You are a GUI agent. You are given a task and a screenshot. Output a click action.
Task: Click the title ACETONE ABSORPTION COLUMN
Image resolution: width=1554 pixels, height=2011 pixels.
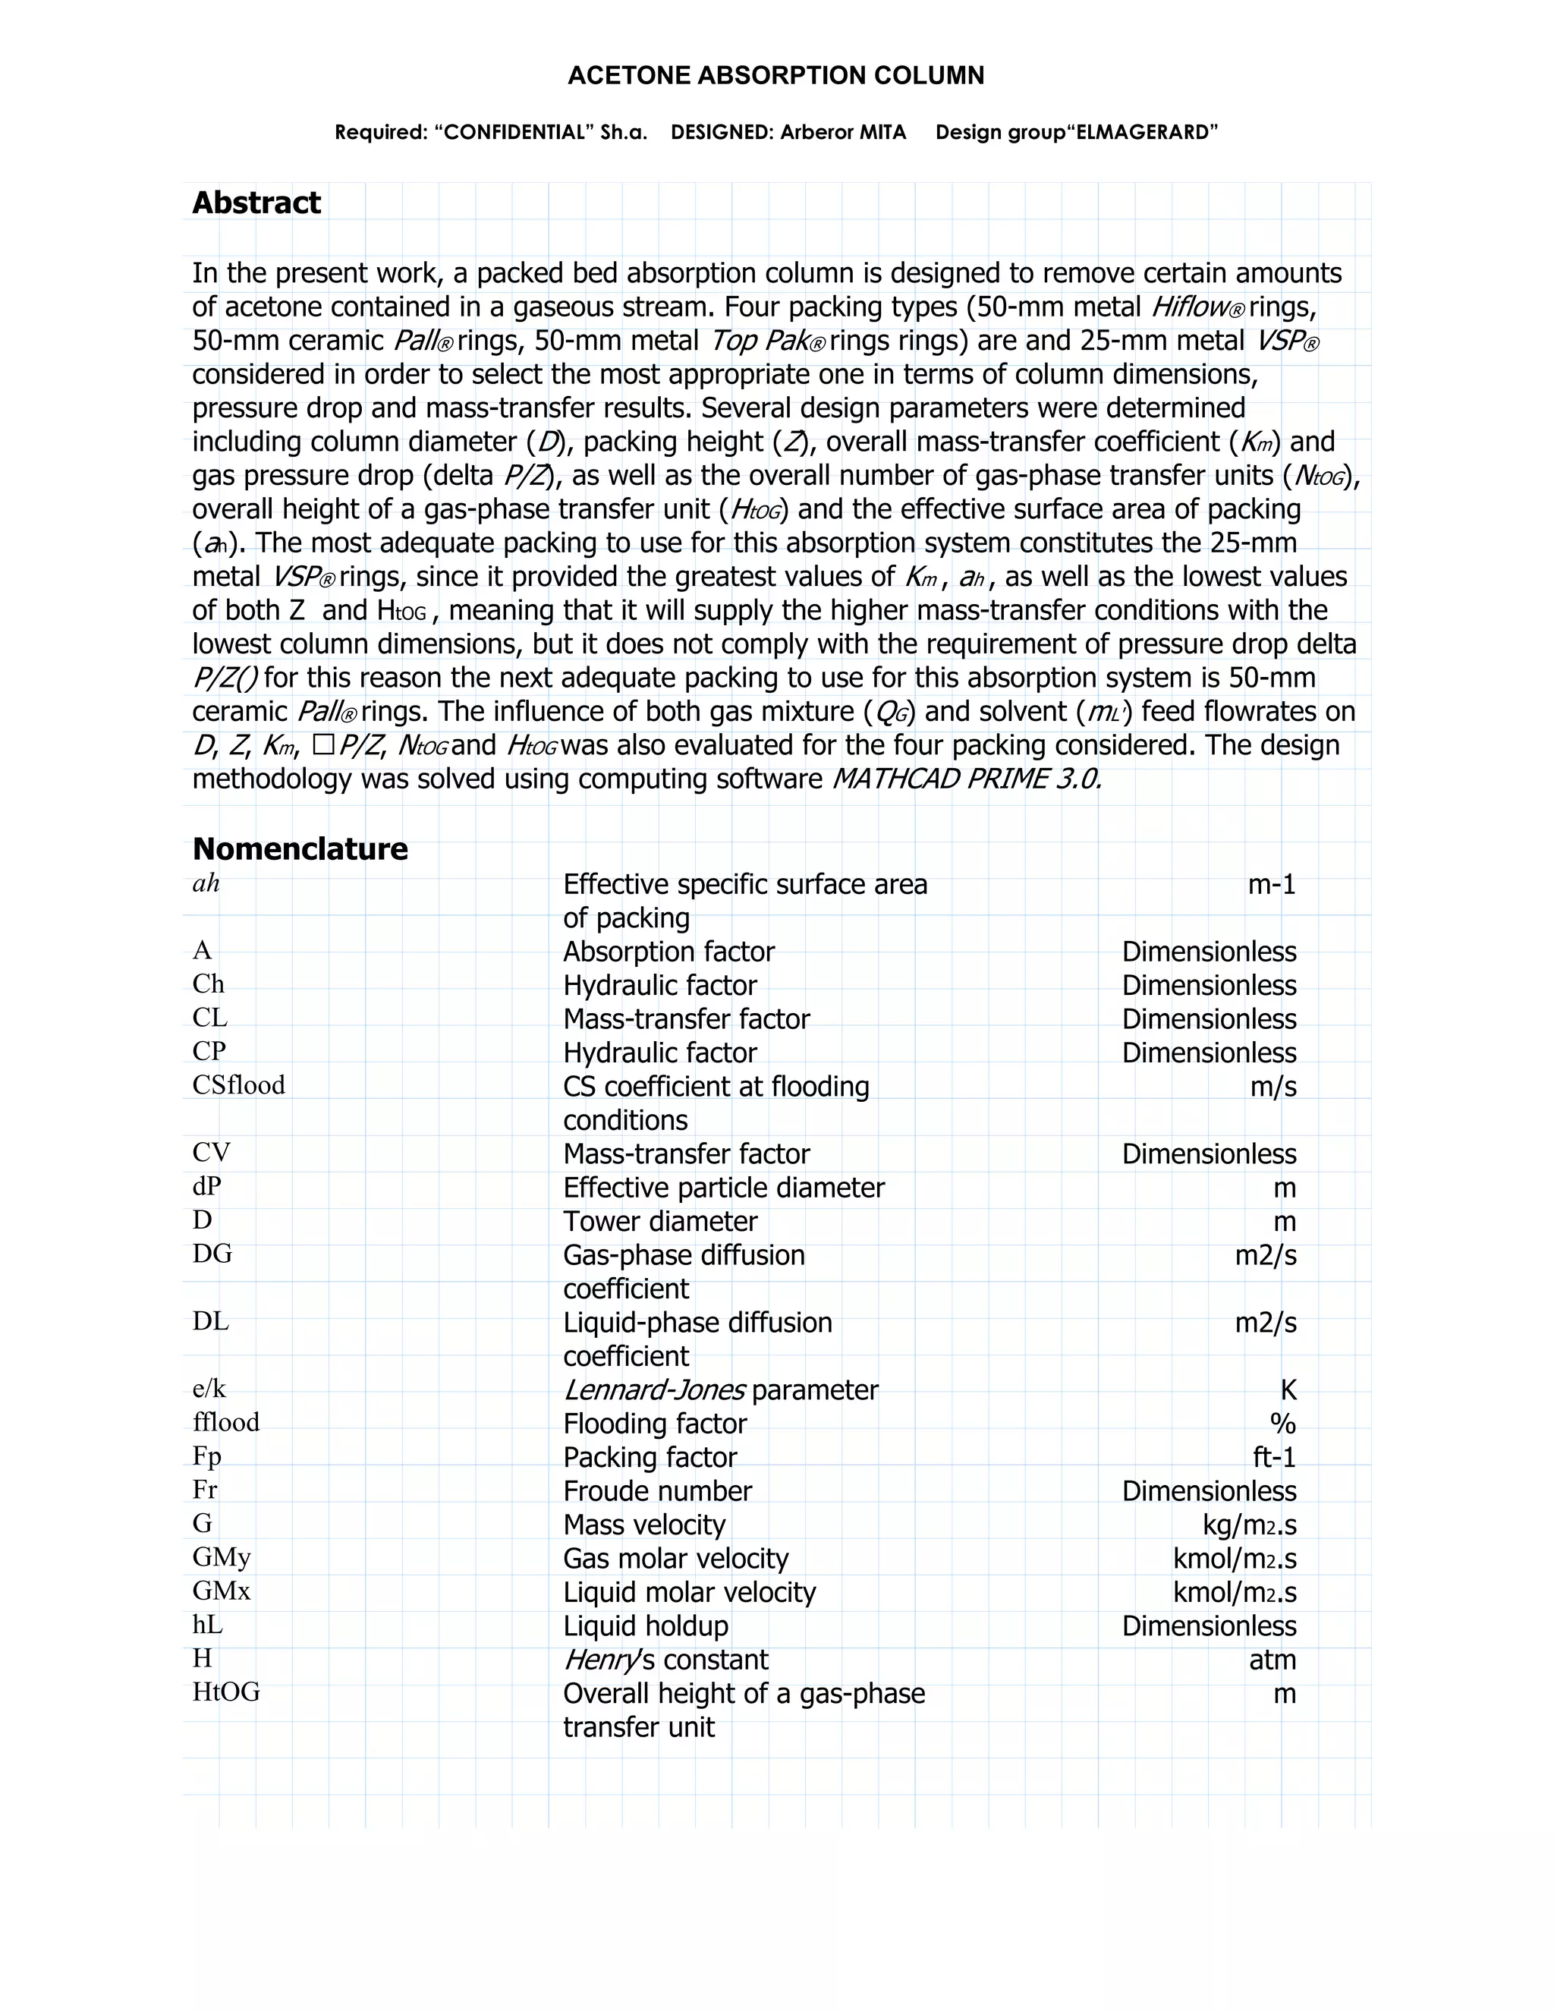pyautogui.click(x=776, y=75)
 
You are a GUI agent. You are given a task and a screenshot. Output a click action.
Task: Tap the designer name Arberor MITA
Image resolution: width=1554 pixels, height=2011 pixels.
pyautogui.click(x=843, y=133)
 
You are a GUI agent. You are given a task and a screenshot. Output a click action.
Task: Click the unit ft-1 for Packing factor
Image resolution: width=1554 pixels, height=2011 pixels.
pyautogui.click(x=1274, y=1457)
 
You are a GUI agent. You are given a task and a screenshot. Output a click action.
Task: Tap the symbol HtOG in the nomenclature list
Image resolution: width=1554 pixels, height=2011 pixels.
pyautogui.click(x=225, y=1692)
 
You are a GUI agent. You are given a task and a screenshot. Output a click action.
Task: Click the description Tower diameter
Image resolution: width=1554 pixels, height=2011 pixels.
pyautogui.click(x=660, y=1221)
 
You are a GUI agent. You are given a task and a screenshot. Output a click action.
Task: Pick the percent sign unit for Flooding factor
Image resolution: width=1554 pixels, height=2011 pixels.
pyautogui.click(x=1282, y=1424)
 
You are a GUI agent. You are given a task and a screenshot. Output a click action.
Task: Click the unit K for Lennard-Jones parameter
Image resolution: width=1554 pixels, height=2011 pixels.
pyautogui.click(x=1288, y=1389)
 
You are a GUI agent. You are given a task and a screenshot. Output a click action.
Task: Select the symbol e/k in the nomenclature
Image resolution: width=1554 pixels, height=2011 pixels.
pyautogui.click(x=209, y=1389)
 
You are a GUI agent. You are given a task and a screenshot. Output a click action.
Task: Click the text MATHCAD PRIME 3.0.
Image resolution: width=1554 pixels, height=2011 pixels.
pyautogui.click(x=966, y=779)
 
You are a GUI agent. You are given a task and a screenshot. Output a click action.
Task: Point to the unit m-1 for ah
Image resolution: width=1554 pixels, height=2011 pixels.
pyautogui.click(x=1272, y=884)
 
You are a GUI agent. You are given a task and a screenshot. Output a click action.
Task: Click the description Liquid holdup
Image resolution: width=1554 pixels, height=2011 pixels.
pyautogui.click(x=646, y=1626)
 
